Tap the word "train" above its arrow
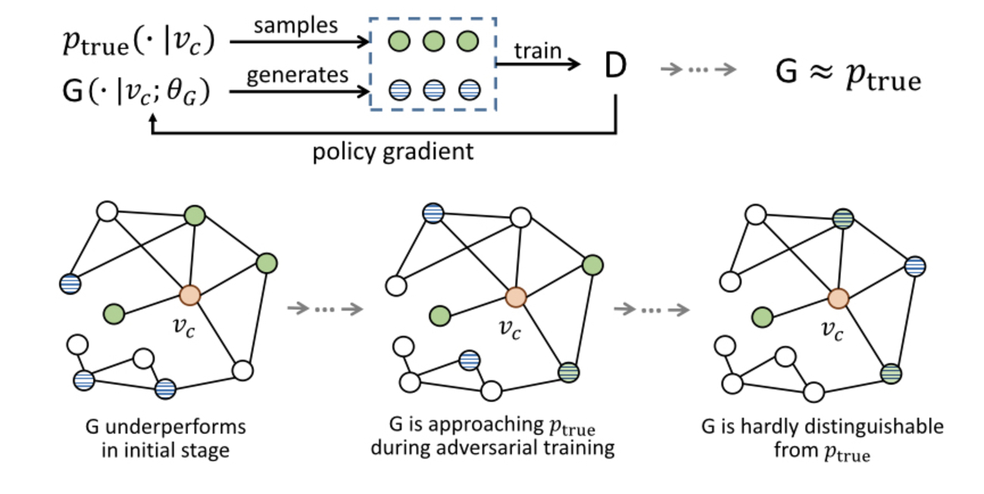(x=538, y=51)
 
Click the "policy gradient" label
(x=393, y=151)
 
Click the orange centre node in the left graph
(x=190, y=294)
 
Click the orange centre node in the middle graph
(x=516, y=296)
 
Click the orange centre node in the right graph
(x=838, y=298)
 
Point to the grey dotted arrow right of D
(x=698, y=70)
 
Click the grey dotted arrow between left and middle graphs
(x=326, y=308)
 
